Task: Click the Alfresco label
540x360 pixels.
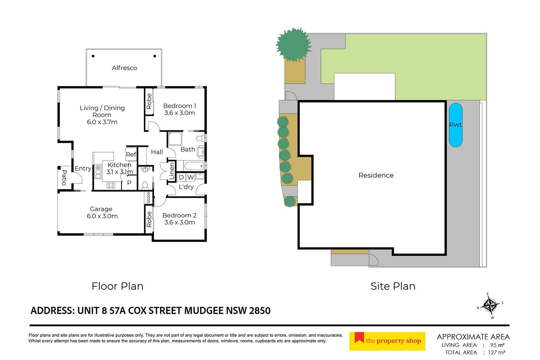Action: (x=124, y=68)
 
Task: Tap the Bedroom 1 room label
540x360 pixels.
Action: (x=180, y=106)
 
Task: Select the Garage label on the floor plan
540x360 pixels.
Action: (x=101, y=209)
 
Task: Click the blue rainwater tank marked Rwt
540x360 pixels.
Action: (x=455, y=125)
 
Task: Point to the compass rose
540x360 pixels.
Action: (x=490, y=306)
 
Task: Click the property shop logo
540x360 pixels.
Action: (x=387, y=341)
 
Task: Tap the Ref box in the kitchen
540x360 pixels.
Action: (x=131, y=154)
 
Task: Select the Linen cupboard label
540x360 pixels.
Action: (x=172, y=171)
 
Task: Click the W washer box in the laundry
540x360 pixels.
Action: (x=191, y=177)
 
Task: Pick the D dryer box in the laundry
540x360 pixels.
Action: (x=181, y=177)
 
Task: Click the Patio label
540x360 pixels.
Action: (x=64, y=178)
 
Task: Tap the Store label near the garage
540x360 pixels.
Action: (x=148, y=198)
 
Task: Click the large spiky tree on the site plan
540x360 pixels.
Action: (x=294, y=45)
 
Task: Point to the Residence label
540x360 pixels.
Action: (x=376, y=175)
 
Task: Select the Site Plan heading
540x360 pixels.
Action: (x=393, y=286)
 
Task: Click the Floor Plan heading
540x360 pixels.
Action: (x=117, y=286)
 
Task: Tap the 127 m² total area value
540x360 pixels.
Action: (x=497, y=352)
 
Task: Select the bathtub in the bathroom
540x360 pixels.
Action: (x=194, y=166)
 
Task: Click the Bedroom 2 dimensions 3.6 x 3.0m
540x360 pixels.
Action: (x=180, y=222)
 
